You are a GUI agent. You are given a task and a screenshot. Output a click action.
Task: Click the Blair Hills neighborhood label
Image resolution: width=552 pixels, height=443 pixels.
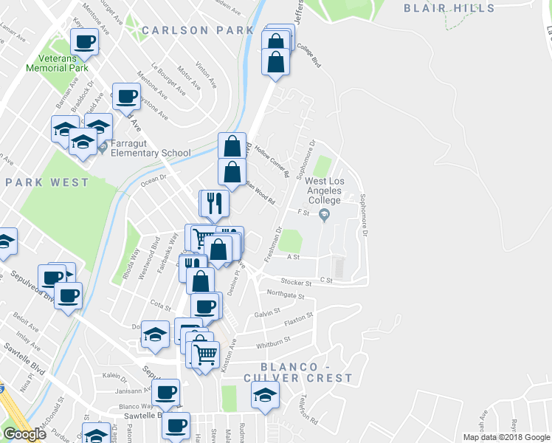click(449, 8)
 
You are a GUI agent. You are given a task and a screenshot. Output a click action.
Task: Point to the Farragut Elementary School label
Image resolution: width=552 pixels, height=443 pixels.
click(151, 154)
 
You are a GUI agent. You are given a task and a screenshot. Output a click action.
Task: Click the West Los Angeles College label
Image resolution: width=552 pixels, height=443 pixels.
click(323, 190)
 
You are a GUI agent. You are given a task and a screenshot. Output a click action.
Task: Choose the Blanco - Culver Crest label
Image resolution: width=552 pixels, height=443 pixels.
click(306, 372)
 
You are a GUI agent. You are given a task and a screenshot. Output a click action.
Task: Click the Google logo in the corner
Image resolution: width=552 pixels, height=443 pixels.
click(24, 434)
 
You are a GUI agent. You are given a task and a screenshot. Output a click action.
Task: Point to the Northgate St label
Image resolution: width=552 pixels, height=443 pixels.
click(286, 295)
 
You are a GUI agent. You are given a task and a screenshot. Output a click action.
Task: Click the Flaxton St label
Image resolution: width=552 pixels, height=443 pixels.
click(298, 319)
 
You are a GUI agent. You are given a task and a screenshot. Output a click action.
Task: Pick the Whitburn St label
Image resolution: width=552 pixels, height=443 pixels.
click(272, 341)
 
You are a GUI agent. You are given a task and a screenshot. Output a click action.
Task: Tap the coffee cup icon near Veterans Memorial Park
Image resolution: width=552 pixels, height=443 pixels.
click(85, 41)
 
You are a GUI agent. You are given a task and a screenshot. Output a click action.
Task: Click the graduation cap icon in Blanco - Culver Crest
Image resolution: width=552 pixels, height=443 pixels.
click(264, 394)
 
